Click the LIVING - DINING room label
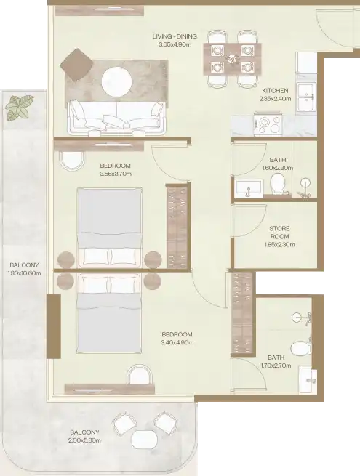tap(175, 36)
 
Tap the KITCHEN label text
tap(275, 90)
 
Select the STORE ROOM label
tap(279, 233)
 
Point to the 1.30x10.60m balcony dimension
tap(25, 273)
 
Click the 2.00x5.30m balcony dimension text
tap(85, 440)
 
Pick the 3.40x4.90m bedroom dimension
tap(177, 343)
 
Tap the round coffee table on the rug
tap(116, 82)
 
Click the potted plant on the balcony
tap(20, 107)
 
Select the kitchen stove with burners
tap(268, 124)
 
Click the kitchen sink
tap(307, 97)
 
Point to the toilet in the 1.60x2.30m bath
tap(278, 184)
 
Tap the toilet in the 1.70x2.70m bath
tap(300, 349)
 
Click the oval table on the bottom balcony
tap(145, 439)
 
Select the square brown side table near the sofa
tap(76, 65)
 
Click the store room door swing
tap(249, 220)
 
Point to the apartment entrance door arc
tap(334, 29)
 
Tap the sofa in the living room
tap(117, 118)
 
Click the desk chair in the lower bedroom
tap(138, 374)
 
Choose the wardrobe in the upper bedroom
tap(177, 226)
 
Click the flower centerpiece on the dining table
tap(232, 59)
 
